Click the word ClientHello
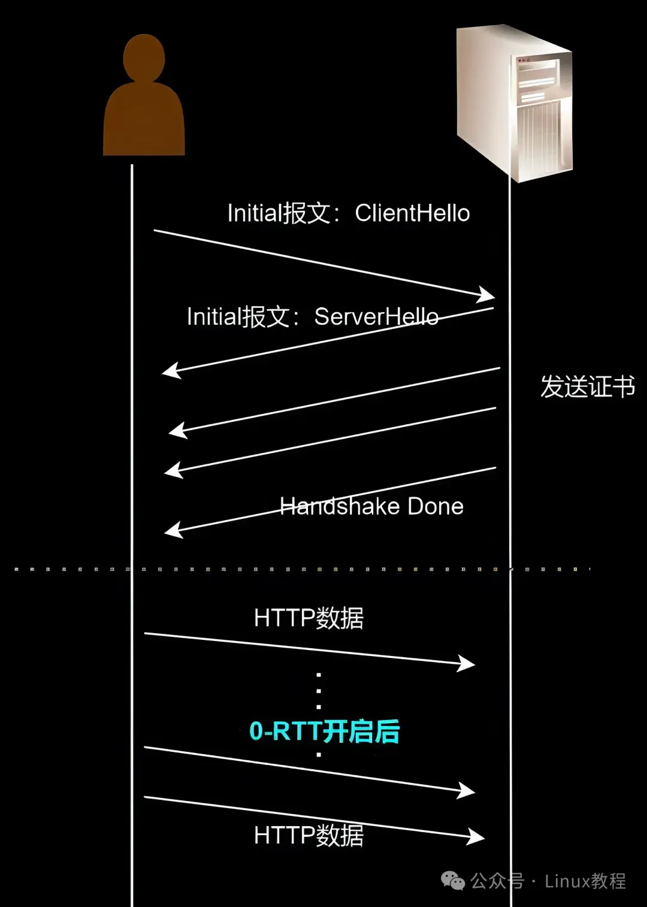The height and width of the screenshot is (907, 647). point(412,213)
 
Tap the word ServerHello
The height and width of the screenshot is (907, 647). point(376,317)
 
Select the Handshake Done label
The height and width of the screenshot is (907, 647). point(371,507)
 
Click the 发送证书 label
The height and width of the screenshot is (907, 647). point(588,386)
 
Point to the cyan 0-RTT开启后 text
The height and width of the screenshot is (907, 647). point(324,731)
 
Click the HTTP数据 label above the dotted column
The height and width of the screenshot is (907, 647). point(309,618)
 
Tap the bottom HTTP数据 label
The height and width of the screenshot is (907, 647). point(309,835)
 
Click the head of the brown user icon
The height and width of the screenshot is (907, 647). point(144,58)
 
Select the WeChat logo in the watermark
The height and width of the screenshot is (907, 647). point(453,881)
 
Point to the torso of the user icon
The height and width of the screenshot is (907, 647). point(144,120)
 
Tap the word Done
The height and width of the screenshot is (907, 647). point(436,507)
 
